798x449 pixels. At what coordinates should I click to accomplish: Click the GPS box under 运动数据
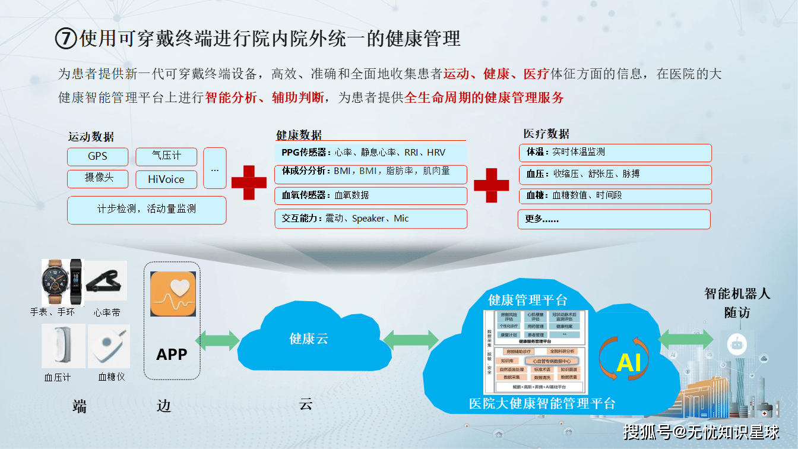(x=97, y=157)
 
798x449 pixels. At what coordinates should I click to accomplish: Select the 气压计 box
(x=166, y=157)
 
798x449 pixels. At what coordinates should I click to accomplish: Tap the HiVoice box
(x=166, y=179)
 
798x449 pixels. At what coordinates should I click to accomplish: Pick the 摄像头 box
(x=97, y=178)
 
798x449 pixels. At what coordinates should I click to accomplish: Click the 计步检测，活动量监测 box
(x=147, y=210)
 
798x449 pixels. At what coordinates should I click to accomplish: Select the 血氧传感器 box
(x=370, y=195)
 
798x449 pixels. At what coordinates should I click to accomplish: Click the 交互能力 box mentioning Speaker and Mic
(x=370, y=219)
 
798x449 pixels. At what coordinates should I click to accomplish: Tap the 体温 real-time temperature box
(x=615, y=153)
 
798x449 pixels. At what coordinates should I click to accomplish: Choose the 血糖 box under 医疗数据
(x=615, y=195)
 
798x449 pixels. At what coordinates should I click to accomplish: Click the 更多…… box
(x=614, y=219)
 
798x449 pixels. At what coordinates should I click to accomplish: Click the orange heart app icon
(x=173, y=294)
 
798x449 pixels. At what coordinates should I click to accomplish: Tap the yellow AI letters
(x=629, y=362)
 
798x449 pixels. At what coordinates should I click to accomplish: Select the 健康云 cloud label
(x=309, y=339)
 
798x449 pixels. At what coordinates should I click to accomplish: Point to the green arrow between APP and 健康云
(x=217, y=340)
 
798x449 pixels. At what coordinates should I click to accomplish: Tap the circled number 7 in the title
(x=66, y=39)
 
